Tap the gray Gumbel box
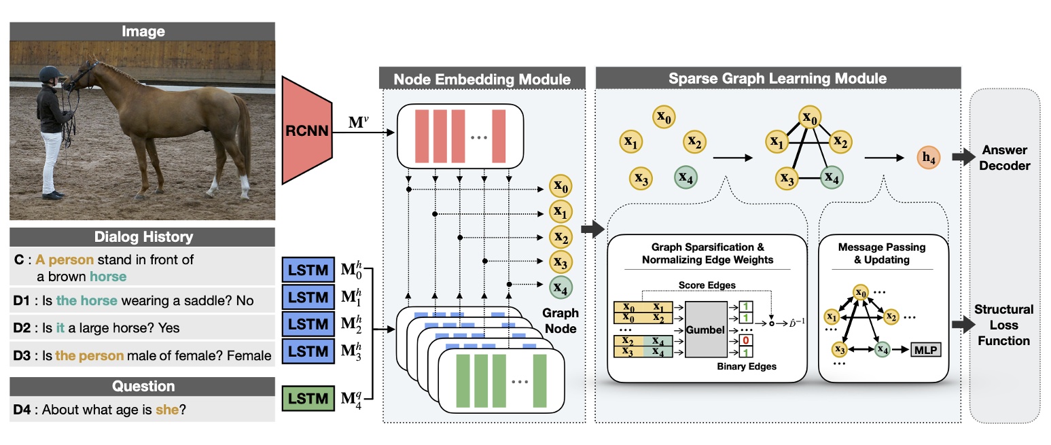(x=705, y=330)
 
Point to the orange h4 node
(x=928, y=158)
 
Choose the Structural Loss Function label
(x=1003, y=325)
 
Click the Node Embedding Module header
(x=482, y=79)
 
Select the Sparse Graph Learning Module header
(x=777, y=78)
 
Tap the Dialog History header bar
(x=143, y=237)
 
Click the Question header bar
(x=143, y=387)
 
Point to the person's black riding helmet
(x=48, y=74)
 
